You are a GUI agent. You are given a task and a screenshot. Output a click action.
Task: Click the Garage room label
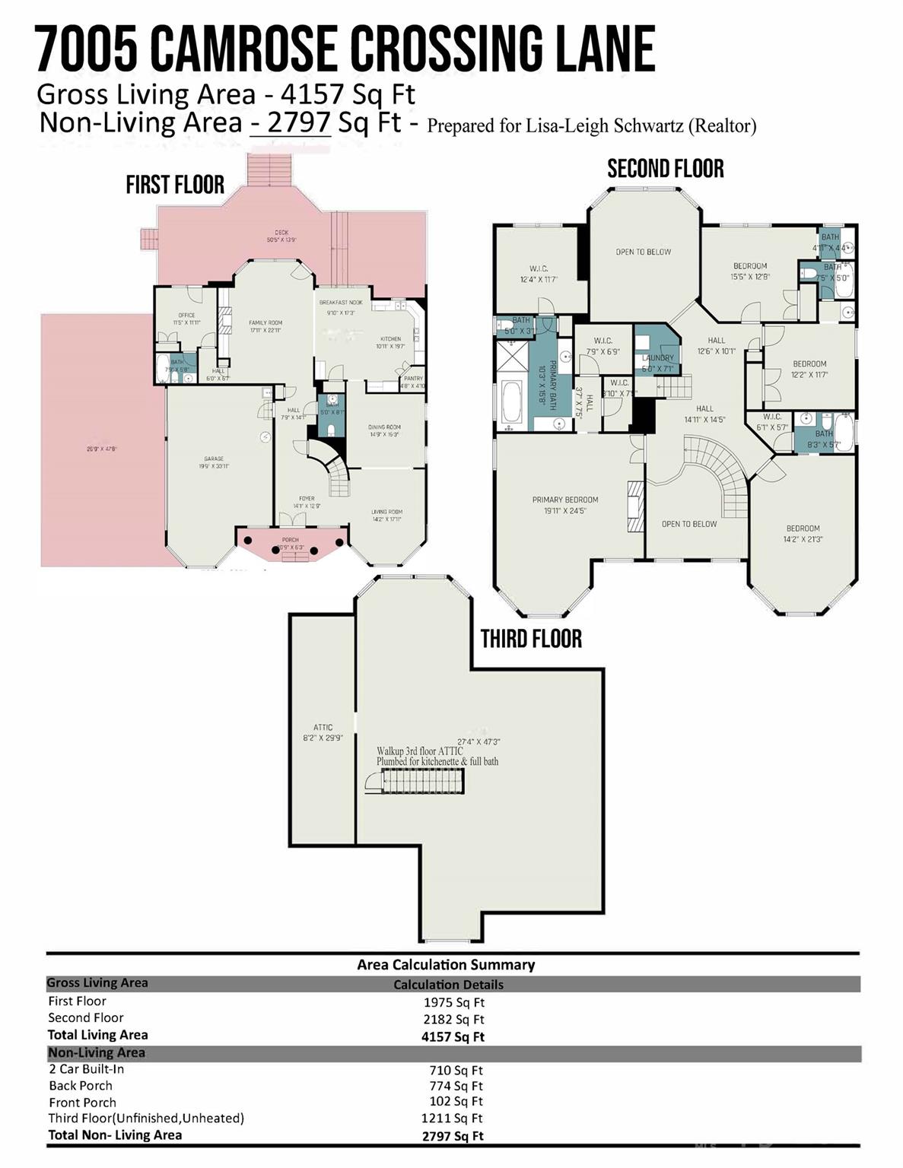[x=214, y=459]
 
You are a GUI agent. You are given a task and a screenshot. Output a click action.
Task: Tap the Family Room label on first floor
[x=265, y=323]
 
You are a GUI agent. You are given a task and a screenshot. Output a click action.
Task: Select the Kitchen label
[x=390, y=339]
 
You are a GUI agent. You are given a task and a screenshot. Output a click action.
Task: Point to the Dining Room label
[x=384, y=427]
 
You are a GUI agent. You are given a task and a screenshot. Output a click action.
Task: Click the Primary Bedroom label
[x=565, y=500]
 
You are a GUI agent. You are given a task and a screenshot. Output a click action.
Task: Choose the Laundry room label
[x=657, y=358]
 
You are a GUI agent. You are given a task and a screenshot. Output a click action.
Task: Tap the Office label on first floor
[x=186, y=315]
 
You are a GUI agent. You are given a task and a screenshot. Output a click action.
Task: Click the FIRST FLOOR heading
[x=175, y=185]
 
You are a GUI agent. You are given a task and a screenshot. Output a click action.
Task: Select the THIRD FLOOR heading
[x=531, y=639]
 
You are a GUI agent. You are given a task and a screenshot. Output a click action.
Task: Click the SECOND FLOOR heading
[x=665, y=169]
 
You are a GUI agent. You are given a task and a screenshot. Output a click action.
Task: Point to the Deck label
[x=281, y=233]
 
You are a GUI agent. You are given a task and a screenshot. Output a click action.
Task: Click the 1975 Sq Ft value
[x=453, y=1002]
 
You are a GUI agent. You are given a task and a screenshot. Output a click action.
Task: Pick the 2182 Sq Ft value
[x=453, y=1019]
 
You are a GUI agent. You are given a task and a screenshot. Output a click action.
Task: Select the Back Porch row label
[x=81, y=1086]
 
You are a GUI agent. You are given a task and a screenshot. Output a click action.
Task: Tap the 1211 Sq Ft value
[x=452, y=1118]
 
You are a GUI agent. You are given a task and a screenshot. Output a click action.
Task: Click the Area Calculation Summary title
[x=446, y=965]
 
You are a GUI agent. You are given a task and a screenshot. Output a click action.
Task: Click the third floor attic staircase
[x=421, y=781]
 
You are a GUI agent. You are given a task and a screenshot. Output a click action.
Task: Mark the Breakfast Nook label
[x=341, y=303]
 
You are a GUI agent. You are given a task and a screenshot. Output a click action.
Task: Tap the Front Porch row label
[x=82, y=1103]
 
